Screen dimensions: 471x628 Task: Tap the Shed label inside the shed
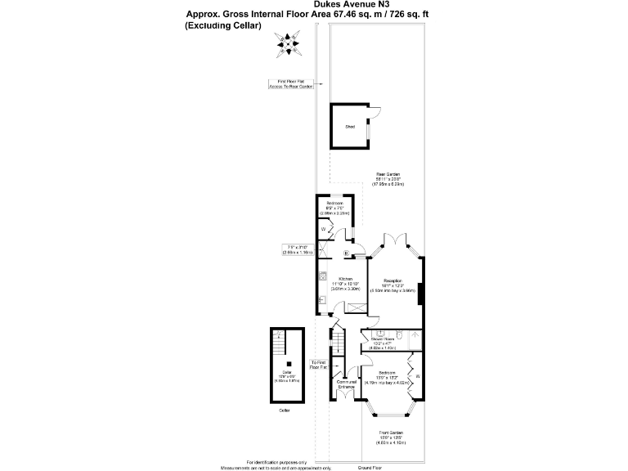pyautogui.click(x=350, y=127)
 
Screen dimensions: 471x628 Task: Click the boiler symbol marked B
pyautogui.click(x=347, y=253)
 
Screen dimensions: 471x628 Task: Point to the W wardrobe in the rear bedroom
pyautogui.click(x=324, y=230)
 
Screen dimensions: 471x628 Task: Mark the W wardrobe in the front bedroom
pyautogui.click(x=417, y=376)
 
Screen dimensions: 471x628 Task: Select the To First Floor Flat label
pyautogui.click(x=319, y=365)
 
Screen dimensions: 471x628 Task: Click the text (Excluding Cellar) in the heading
pyautogui.click(x=223, y=25)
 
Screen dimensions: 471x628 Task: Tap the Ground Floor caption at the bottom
pyautogui.click(x=371, y=467)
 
